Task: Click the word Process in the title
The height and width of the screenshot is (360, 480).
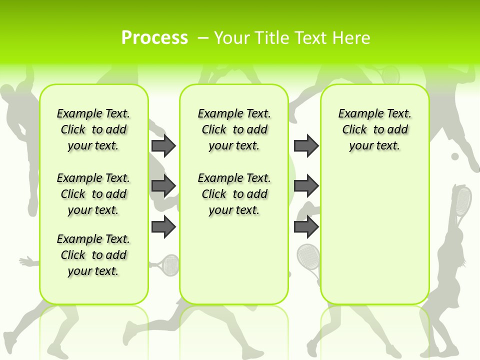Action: (x=154, y=37)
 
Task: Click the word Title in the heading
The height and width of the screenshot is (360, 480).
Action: (x=273, y=37)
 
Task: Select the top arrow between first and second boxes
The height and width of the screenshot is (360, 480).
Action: (x=163, y=145)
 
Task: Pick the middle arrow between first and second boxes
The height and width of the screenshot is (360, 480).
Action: (x=163, y=186)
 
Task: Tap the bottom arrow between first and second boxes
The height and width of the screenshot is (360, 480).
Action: (x=163, y=226)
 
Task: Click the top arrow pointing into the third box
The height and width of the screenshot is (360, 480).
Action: (x=306, y=145)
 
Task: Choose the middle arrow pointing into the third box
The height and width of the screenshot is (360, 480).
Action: (x=306, y=186)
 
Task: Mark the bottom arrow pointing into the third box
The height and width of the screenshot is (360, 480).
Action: (x=306, y=226)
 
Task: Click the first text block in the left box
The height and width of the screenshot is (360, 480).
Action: (x=93, y=129)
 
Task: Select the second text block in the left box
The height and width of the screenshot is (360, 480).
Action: (x=93, y=194)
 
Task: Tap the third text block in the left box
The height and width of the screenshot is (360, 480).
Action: (x=93, y=255)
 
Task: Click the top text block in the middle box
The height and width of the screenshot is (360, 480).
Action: (x=234, y=129)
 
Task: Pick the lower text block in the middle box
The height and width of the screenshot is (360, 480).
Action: (x=234, y=194)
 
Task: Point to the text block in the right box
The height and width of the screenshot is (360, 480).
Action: (x=375, y=129)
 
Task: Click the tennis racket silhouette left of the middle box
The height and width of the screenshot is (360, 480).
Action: (x=169, y=264)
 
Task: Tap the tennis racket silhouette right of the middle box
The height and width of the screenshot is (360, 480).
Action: (x=308, y=256)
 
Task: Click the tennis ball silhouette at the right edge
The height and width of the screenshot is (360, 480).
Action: (x=455, y=156)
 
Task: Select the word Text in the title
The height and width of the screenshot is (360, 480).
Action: (x=312, y=37)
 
